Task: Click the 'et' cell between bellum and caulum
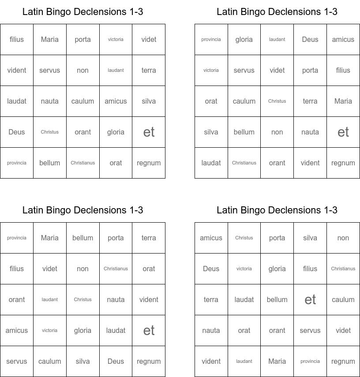310,300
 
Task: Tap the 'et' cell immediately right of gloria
149,132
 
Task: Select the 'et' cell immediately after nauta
343,132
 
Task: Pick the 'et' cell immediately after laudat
149,331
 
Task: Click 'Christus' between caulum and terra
277,101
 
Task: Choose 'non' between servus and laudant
82,71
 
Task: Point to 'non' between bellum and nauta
277,132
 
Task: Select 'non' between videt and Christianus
82,269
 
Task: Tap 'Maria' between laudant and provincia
277,362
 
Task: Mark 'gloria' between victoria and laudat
82,331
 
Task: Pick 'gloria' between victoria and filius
277,269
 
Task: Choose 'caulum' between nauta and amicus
82,101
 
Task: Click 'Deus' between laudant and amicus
310,40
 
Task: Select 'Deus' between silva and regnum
116,362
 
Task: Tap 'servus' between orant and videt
310,331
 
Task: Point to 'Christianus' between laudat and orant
244,163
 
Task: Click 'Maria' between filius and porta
49,40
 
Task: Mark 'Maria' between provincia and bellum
49,238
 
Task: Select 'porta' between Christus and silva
277,238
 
